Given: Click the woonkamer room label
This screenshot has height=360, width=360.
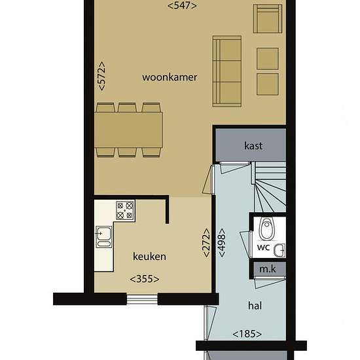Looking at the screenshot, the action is [x=170, y=77].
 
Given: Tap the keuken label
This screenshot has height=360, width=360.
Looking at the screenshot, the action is [x=149, y=256].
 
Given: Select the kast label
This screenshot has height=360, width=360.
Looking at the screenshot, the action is [x=253, y=146].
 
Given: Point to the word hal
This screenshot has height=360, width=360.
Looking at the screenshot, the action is [x=255, y=306].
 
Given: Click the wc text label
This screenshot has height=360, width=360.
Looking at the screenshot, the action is [x=263, y=247].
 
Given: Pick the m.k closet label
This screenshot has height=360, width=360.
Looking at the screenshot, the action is [x=268, y=269].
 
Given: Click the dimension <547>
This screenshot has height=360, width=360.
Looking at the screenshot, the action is [x=182, y=6].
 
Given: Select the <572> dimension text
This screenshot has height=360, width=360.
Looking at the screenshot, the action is [x=101, y=76].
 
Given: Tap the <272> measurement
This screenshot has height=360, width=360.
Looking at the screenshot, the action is [x=206, y=242].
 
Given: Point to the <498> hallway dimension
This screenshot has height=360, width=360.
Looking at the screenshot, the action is [x=222, y=242].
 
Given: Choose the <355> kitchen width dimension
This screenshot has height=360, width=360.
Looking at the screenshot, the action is [x=145, y=279].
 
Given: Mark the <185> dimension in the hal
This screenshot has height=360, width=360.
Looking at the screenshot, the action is [x=247, y=334].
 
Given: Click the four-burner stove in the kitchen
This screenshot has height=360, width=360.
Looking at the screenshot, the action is [x=125, y=210].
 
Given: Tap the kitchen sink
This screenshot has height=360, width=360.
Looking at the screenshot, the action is [x=104, y=237].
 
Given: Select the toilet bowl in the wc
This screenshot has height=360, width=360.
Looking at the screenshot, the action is [x=266, y=228].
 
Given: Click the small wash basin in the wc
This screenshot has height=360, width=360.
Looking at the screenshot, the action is [x=279, y=250].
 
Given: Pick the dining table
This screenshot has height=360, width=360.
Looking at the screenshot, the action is [x=128, y=130].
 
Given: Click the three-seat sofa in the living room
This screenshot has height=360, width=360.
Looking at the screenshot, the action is [x=227, y=71].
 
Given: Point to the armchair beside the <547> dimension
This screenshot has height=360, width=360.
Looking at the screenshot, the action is [x=268, y=19].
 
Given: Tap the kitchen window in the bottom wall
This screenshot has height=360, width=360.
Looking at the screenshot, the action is [x=142, y=299].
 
